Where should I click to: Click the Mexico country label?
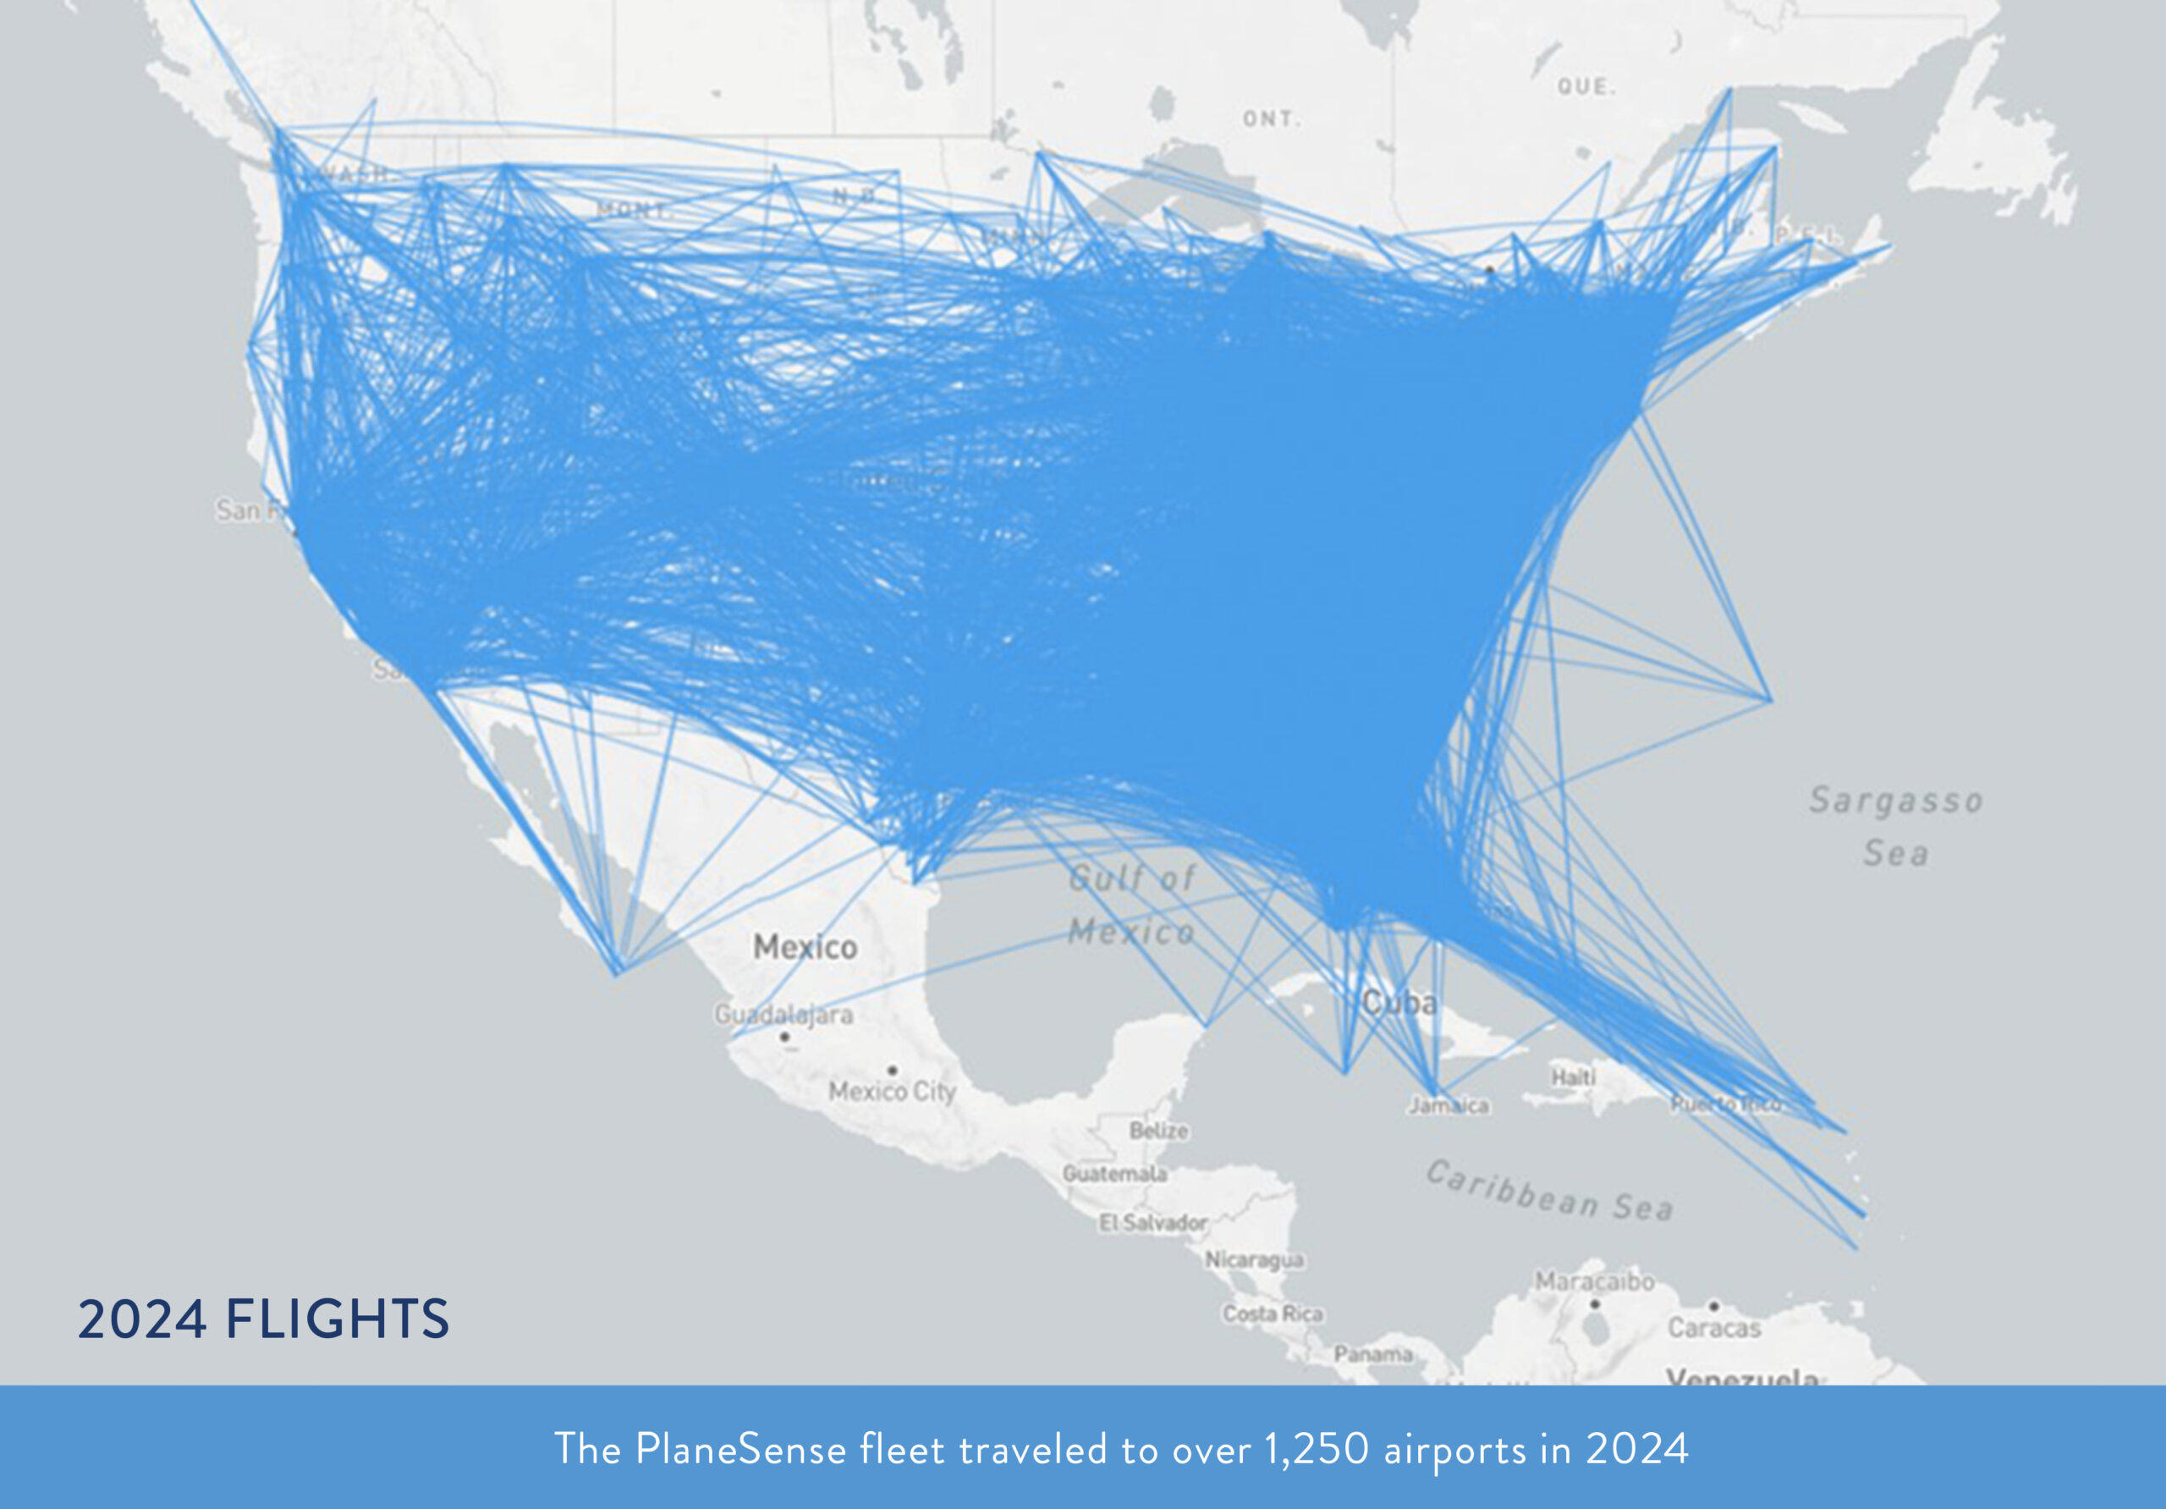[805, 946]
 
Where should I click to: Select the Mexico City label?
[892, 1091]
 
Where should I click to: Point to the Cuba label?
[1399, 1002]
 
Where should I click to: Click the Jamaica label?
[1449, 1105]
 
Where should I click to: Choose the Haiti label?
[1573, 1076]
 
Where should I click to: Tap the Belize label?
[1158, 1131]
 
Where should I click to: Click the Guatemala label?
[1114, 1173]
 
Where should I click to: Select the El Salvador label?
[1152, 1223]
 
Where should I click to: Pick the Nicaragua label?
[1254, 1260]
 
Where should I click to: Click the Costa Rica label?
[1273, 1313]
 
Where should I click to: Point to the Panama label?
[1372, 1354]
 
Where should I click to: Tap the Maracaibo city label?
[1594, 1281]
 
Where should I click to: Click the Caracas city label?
[1714, 1328]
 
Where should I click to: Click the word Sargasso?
[1895, 801]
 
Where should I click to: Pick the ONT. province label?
[1272, 118]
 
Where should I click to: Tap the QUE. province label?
[1586, 87]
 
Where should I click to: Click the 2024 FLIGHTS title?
[263, 1319]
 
